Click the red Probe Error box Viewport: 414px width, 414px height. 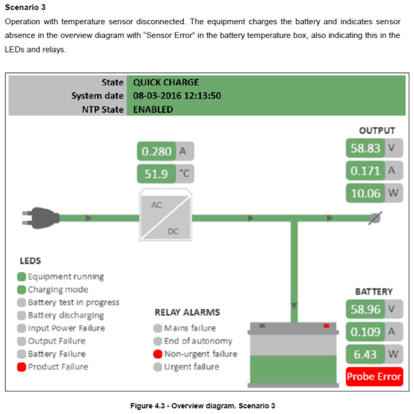(x=373, y=377)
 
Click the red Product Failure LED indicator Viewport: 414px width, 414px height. (x=21, y=367)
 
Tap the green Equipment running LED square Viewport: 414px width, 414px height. (x=21, y=277)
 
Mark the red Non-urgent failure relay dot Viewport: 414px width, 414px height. (x=158, y=354)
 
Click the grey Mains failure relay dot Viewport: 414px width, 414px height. (x=158, y=328)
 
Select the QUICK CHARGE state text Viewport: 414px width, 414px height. (x=166, y=82)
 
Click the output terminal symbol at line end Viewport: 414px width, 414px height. (x=375, y=217)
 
